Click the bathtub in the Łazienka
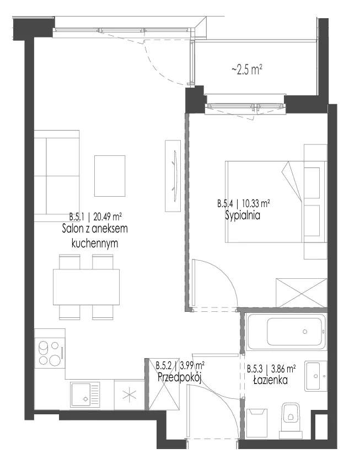tap(286, 332)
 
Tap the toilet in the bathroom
tap(291, 420)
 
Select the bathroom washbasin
tap(315, 376)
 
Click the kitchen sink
tap(85, 394)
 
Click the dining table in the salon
tap(87, 287)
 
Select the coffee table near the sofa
tap(110, 176)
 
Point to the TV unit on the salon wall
tap(173, 176)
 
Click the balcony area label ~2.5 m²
tap(247, 70)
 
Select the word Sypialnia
tap(243, 215)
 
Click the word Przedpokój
tap(180, 377)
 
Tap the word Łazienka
tap(270, 380)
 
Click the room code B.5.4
tap(225, 204)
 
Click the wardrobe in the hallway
tap(164, 385)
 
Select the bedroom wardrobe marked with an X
tap(301, 293)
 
